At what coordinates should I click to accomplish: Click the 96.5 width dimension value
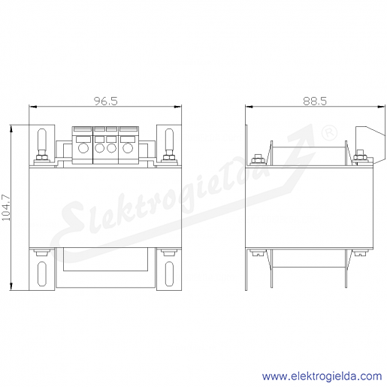tap(105, 101)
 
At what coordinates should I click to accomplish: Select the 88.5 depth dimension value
tap(315, 101)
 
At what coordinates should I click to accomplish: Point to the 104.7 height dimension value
tap(6, 207)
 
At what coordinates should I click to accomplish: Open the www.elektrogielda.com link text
tap(322, 376)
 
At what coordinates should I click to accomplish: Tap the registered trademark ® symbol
tap(329, 133)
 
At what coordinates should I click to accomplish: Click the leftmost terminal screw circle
tap(83, 148)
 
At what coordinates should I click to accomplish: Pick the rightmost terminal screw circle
tap(128, 148)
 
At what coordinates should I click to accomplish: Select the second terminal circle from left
tap(100, 148)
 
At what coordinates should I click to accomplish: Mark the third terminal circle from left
tap(111, 148)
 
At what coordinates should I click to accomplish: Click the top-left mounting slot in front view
tap(41, 141)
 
